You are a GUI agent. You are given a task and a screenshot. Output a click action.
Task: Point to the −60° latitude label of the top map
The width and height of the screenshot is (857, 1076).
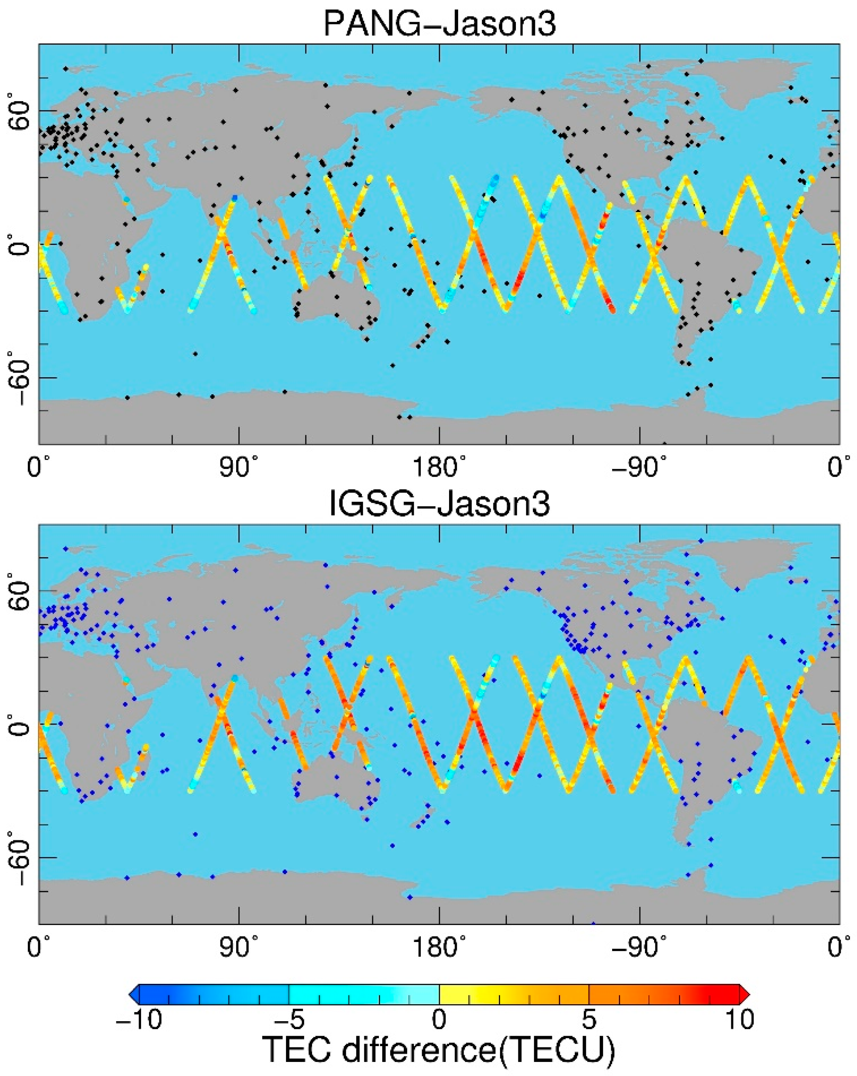tap(19, 378)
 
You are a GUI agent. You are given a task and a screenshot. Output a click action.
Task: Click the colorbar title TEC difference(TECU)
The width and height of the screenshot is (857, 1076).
tap(439, 1049)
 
